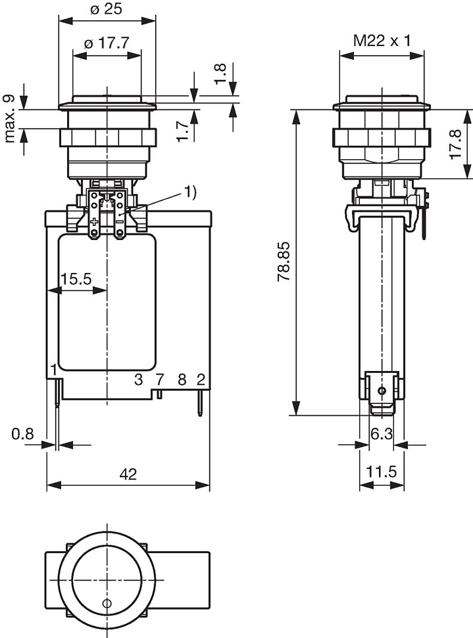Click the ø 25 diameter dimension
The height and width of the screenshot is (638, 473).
click(106, 8)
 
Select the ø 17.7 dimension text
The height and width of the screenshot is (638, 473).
click(107, 42)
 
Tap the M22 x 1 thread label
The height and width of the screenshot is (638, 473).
click(382, 40)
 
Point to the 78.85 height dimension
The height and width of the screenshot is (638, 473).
click(283, 261)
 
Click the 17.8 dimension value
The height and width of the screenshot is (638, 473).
click(456, 144)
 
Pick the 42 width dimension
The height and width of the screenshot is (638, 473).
click(128, 474)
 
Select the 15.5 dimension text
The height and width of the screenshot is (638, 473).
click(76, 279)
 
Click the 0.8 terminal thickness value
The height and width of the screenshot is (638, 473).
click(23, 434)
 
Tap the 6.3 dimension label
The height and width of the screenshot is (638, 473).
click(381, 434)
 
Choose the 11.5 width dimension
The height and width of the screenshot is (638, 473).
click(381, 472)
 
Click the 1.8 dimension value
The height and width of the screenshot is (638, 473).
click(220, 73)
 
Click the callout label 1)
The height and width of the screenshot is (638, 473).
click(190, 192)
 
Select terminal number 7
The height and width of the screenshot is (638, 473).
click(160, 379)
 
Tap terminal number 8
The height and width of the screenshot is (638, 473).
click(182, 379)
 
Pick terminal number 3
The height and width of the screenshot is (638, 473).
click(139, 379)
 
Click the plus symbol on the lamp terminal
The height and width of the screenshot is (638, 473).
click(95, 222)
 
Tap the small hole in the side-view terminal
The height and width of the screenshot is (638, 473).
click(381, 391)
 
